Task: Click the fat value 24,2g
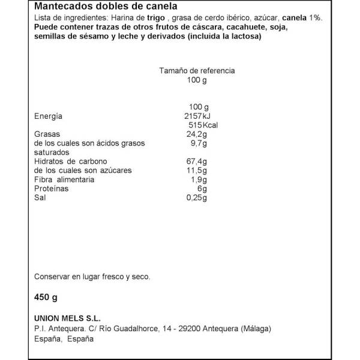click(x=197, y=134)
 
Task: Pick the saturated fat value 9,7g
click(x=199, y=143)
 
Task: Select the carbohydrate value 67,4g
click(x=197, y=161)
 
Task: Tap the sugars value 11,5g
click(x=197, y=170)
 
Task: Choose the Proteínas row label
click(x=52, y=188)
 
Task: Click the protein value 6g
click(x=202, y=188)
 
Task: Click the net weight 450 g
click(x=46, y=297)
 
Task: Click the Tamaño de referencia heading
click(x=197, y=70)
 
